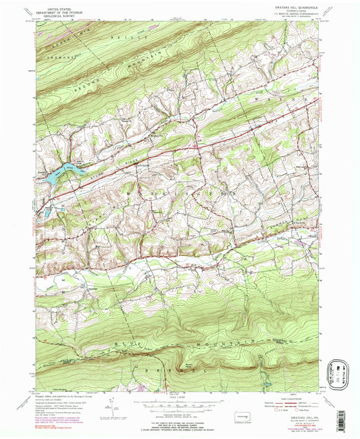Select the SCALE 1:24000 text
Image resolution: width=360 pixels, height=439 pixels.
(x=179, y=394)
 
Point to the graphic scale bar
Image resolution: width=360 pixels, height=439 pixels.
(x=179, y=401)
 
